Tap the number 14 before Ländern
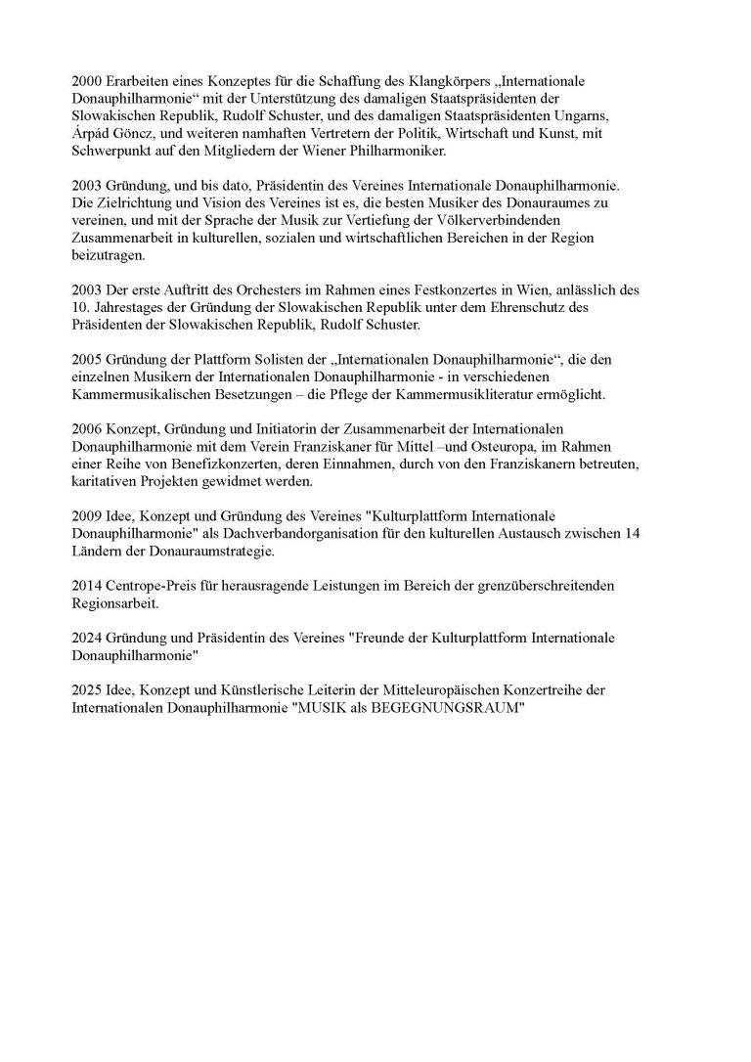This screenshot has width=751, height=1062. [x=596, y=535]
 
